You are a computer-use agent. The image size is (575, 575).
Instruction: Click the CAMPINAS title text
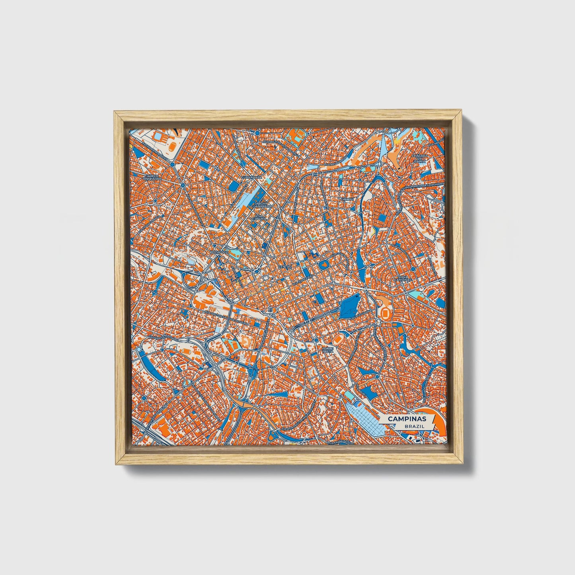pyautogui.click(x=407, y=419)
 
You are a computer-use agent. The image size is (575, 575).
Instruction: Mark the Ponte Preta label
pyautogui.click(x=327, y=350)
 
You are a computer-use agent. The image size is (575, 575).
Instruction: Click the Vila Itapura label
pyautogui.click(x=258, y=218)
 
